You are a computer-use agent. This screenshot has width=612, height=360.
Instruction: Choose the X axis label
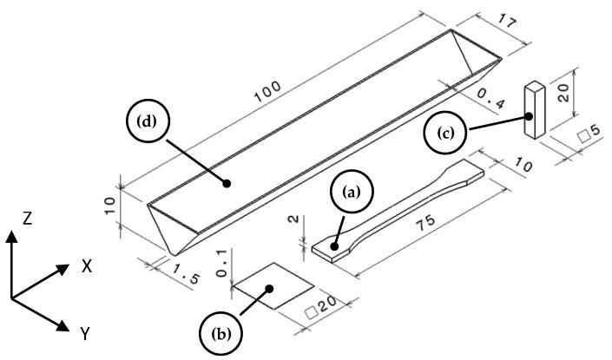pyautogui.click(x=86, y=267)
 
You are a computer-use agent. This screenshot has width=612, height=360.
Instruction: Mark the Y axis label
pyautogui.click(x=86, y=332)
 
